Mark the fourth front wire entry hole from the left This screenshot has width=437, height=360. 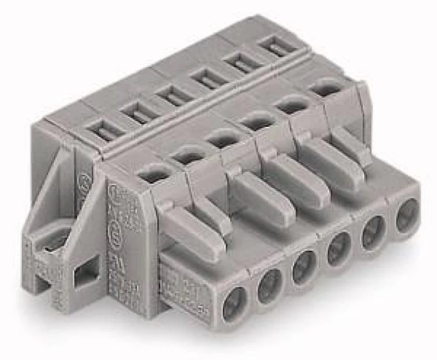tap(339, 247)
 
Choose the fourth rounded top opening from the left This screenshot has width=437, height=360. tap(255, 122)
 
